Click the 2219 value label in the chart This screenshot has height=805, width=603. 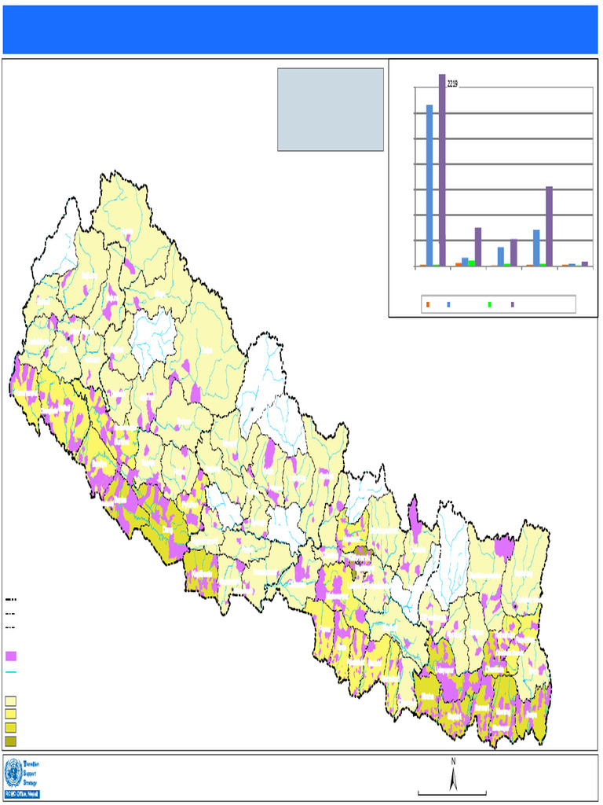[452, 83]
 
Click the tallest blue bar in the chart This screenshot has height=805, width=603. [429, 185]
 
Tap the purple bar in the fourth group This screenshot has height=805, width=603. [549, 226]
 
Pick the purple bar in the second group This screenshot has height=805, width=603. [477, 247]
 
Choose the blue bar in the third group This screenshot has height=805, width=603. [501, 256]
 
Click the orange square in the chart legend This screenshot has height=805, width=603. [428, 304]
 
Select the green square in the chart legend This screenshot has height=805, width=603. [490, 304]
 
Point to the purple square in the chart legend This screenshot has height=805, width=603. [513, 304]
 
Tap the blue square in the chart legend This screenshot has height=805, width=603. [448, 304]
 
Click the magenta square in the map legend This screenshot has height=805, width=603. [11, 656]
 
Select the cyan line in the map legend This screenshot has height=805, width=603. [11, 673]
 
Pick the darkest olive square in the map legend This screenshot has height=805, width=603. [11, 741]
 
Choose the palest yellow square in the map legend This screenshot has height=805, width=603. [11, 700]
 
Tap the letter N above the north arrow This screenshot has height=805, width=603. [453, 761]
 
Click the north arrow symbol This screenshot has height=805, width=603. [453, 780]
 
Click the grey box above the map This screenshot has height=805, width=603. [331, 109]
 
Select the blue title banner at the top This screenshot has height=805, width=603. [301, 29]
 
